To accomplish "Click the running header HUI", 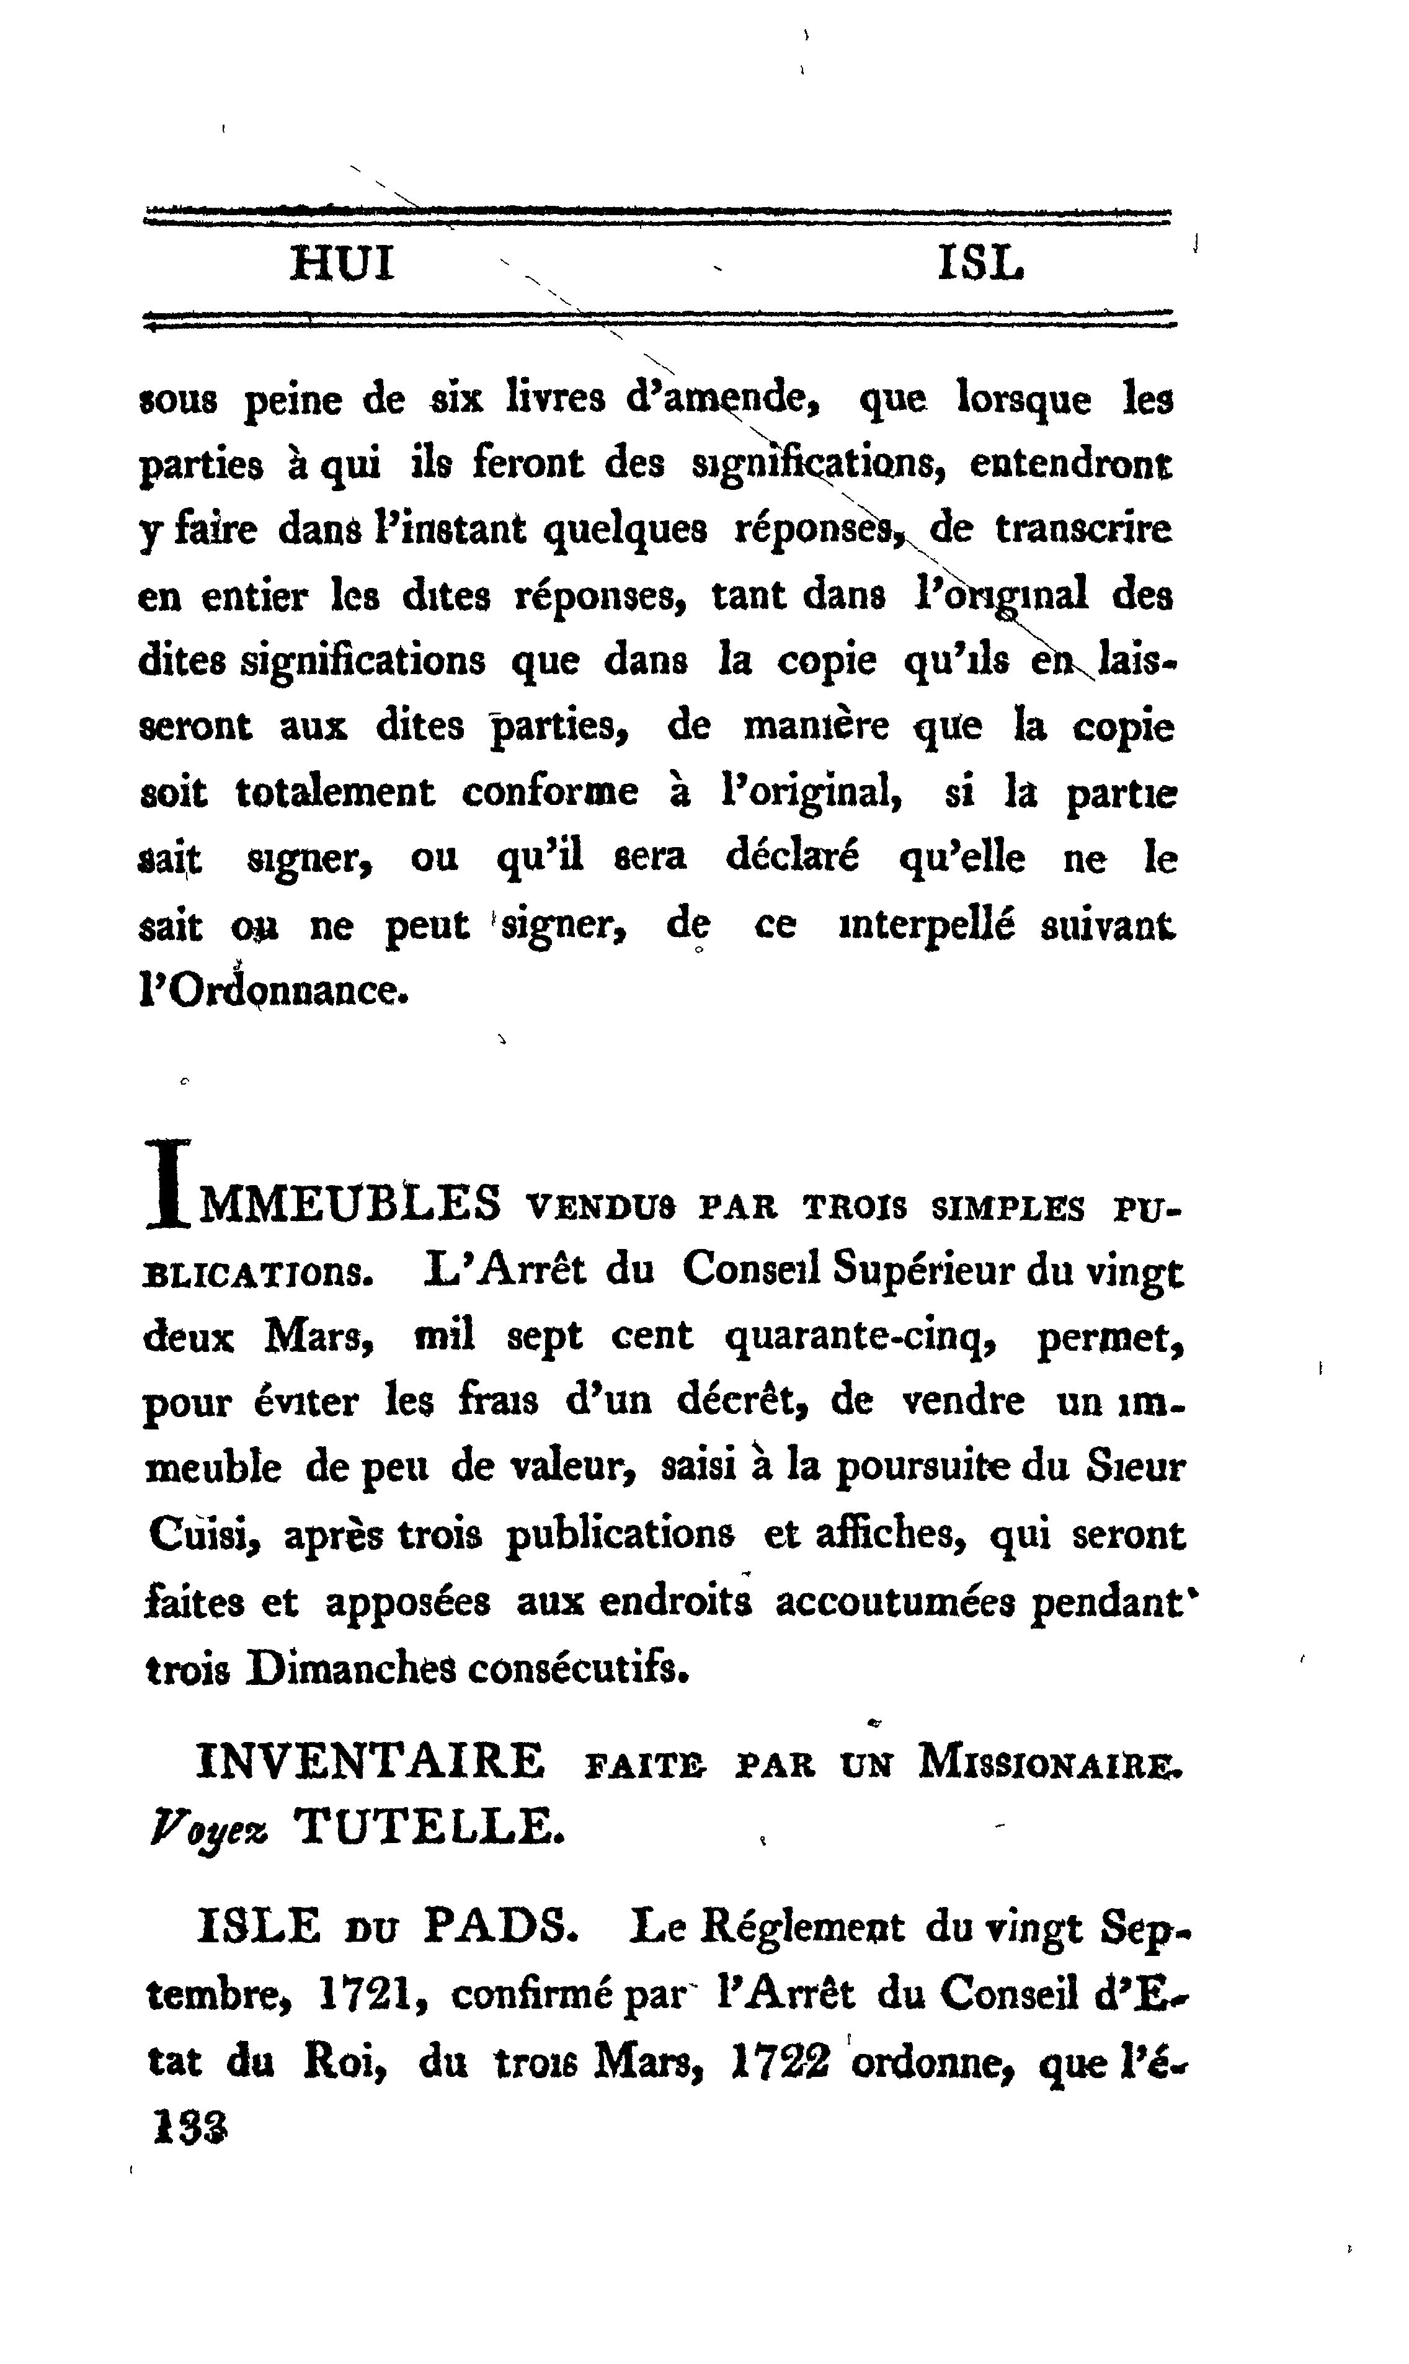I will coord(342,265).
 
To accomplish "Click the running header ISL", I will coord(981,265).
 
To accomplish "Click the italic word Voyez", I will coord(208,1828).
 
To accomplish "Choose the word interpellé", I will coord(926,926).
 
